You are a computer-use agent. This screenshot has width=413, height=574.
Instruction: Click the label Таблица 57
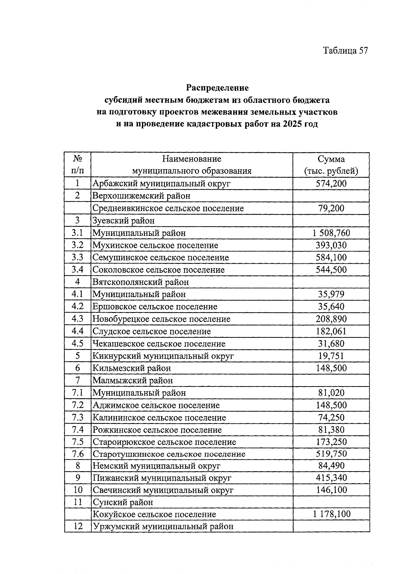[345, 51]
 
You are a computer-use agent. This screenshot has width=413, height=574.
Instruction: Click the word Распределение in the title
[217, 88]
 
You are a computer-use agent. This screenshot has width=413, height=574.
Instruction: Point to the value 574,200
[331, 183]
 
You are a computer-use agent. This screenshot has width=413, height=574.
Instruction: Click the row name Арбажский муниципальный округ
[161, 183]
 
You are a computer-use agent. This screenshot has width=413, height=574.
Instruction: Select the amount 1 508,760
[331, 233]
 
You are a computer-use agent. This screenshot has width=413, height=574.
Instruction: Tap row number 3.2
[77, 245]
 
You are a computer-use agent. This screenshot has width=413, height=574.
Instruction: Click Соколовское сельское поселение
[159, 270]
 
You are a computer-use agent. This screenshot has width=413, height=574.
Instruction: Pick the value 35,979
[331, 294]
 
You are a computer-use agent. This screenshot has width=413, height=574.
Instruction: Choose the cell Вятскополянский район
[141, 282]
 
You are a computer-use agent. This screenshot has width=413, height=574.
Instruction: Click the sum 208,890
[331, 319]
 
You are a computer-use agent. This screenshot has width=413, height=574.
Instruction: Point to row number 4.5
[77, 344]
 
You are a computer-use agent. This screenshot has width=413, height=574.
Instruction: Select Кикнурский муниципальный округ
[163, 356]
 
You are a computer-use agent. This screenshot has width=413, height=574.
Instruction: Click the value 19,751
[331, 356]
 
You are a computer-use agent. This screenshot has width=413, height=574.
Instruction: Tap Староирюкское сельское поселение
[165, 442]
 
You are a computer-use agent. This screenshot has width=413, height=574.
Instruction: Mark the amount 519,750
[331, 454]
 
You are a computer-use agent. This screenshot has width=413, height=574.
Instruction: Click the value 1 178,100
[331, 514]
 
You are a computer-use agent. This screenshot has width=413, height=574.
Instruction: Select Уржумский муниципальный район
[163, 527]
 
